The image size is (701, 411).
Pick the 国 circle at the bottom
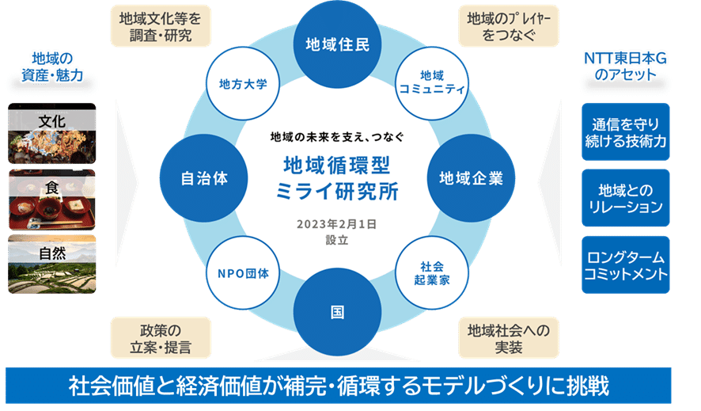point(337,312)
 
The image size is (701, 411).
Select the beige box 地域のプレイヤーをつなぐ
point(509,26)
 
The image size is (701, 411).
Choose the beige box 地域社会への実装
point(509,338)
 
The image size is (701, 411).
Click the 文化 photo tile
point(52,133)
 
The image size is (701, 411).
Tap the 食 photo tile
point(52,198)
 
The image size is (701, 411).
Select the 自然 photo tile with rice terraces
point(52,264)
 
